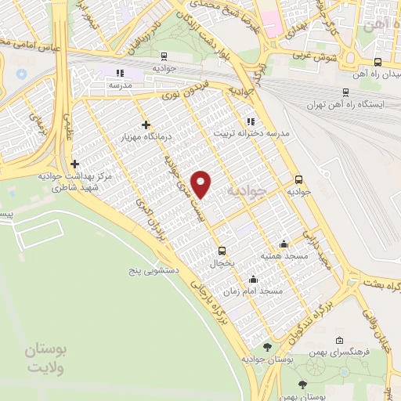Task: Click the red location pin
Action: pyautogui.click(x=203, y=183)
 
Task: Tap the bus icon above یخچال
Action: pyautogui.click(x=222, y=251)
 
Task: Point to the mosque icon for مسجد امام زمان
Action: pyautogui.click(x=253, y=278)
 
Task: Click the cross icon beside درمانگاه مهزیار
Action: pyautogui.click(x=146, y=125)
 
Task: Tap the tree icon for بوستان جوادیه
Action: pyautogui.click(x=268, y=347)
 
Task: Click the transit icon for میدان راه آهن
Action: pyautogui.click(x=378, y=63)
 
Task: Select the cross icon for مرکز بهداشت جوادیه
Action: pyautogui.click(x=74, y=164)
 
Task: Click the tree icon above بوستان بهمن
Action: pyautogui.click(x=302, y=385)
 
